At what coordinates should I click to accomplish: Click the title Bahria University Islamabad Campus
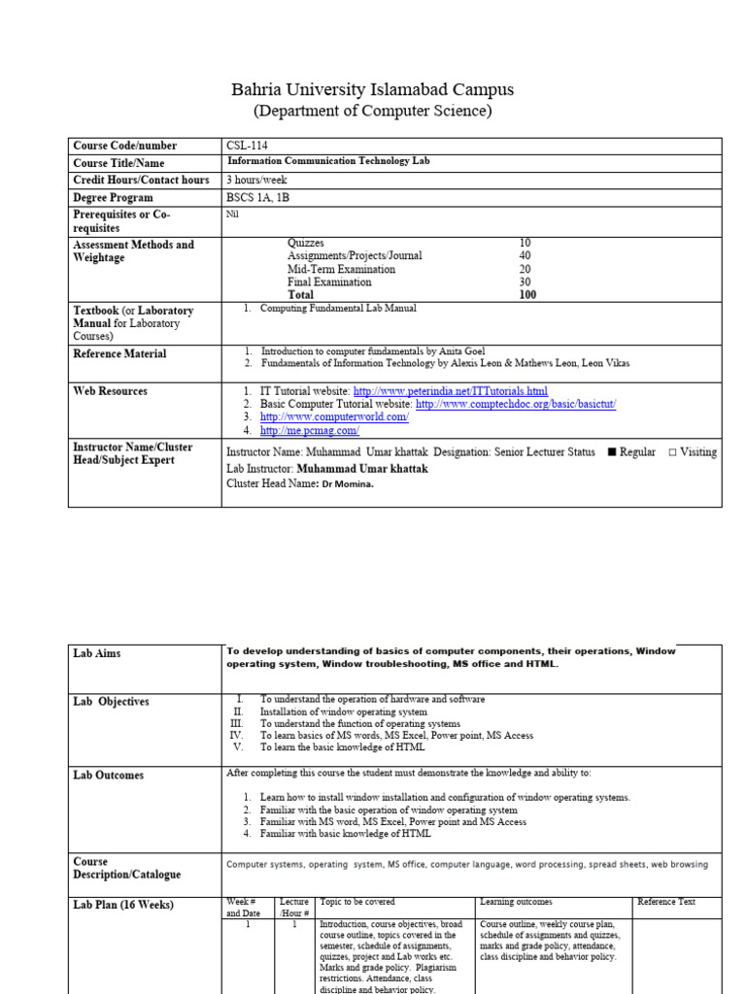tap(372, 89)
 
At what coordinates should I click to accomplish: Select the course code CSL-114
tap(247, 146)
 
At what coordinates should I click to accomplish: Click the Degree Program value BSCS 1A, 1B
tap(257, 197)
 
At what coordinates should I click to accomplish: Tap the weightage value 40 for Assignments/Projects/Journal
tap(525, 255)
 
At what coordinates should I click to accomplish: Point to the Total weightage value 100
tap(527, 294)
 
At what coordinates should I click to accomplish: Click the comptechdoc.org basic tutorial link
tap(516, 404)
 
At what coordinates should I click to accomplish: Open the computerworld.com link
tap(334, 416)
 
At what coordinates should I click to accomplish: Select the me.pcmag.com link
tap(310, 430)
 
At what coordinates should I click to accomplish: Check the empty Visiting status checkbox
tap(672, 452)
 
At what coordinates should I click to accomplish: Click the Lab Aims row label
tap(97, 653)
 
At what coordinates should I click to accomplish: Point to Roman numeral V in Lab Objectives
tap(238, 748)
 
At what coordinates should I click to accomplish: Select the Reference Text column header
tap(666, 902)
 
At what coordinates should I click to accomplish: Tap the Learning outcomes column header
tap(516, 902)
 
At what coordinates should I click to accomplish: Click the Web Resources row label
tap(111, 391)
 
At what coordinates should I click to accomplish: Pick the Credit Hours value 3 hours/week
tap(257, 181)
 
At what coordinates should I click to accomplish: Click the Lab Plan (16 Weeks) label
tap(122, 905)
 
